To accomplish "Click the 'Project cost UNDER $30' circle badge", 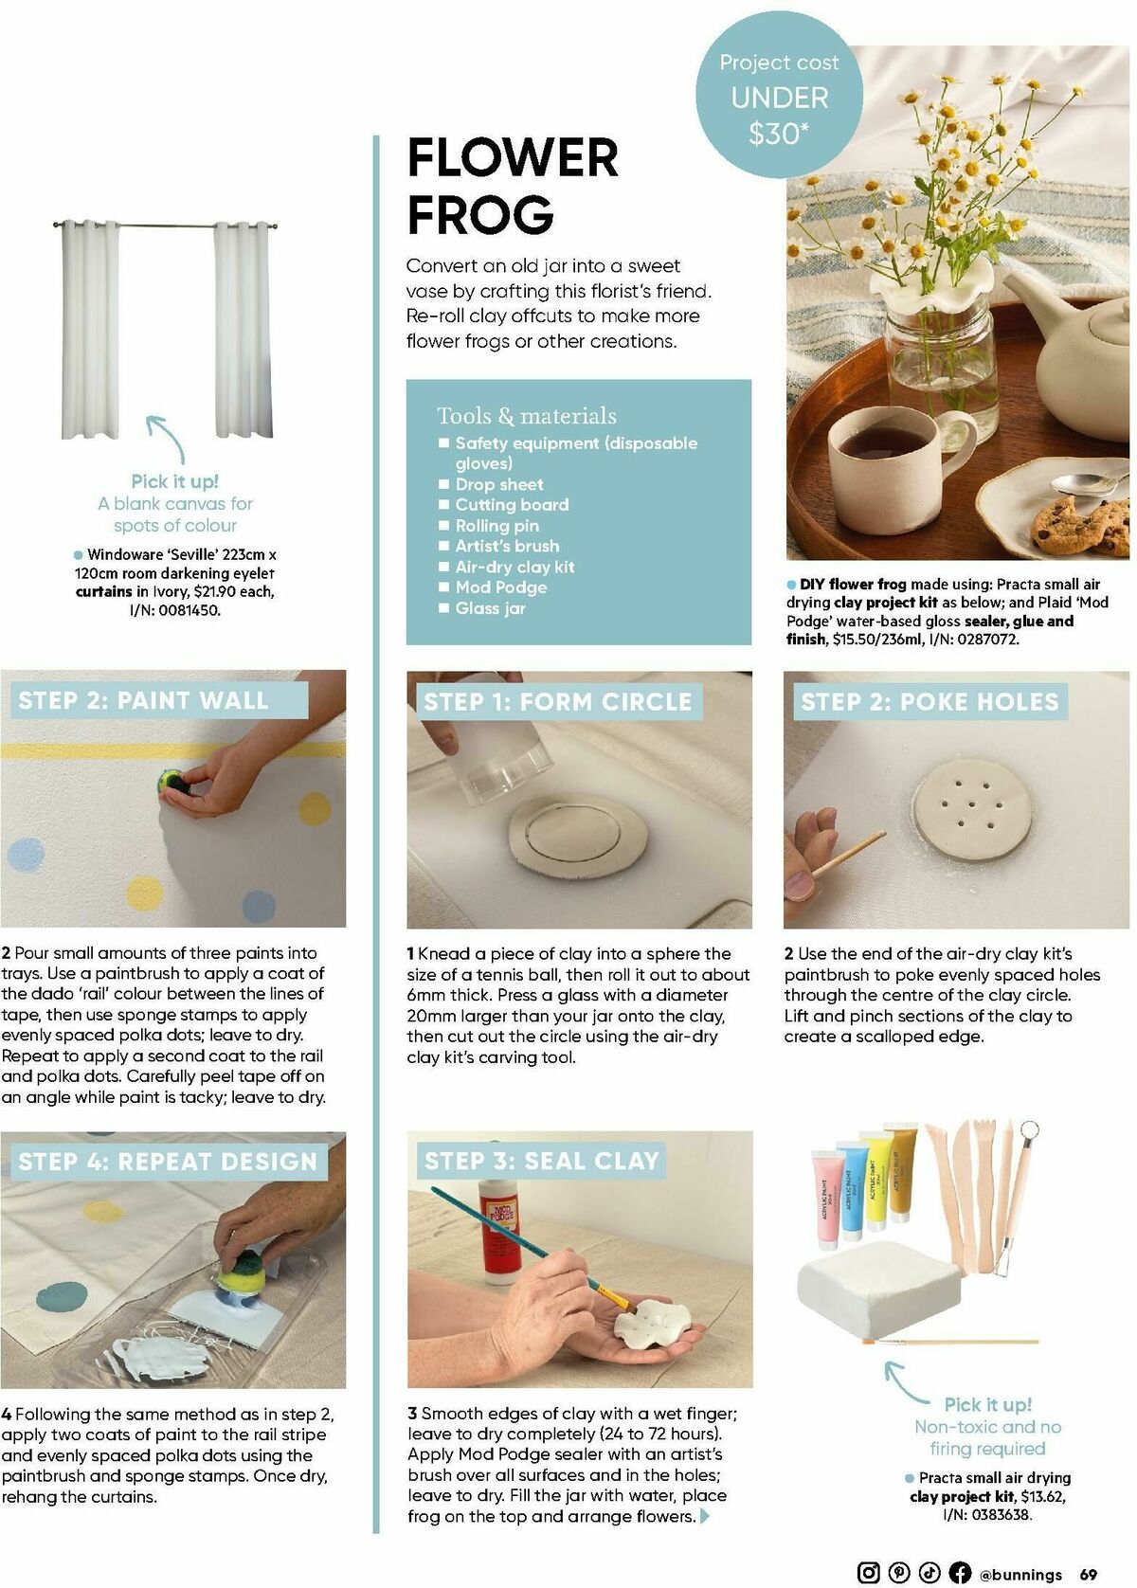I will tap(779, 99).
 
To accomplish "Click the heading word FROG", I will tap(480, 214).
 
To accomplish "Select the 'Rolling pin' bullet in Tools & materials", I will tap(496, 525).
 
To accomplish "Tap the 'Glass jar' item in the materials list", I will tap(490, 608).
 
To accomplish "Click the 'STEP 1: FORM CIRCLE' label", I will tap(557, 702).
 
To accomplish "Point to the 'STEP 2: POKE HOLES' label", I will tap(929, 702).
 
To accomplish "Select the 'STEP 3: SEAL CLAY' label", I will tap(541, 1161).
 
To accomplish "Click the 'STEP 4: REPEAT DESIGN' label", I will tap(168, 1162).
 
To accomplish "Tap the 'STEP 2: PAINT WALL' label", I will tap(144, 701).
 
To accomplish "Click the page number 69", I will tap(1089, 1574).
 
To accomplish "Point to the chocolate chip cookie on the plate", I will tap(1074, 524).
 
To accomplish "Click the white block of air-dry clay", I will tap(872, 1292).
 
